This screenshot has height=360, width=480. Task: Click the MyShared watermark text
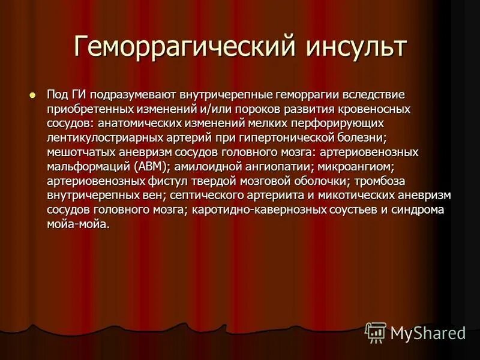pyautogui.click(x=427, y=332)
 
